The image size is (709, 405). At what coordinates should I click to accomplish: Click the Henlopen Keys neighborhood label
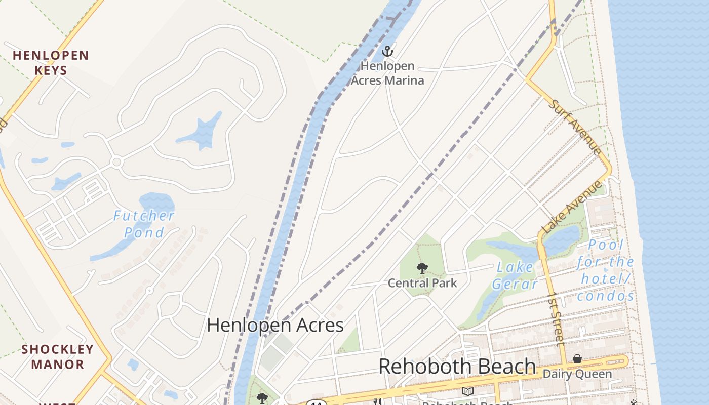(x=51, y=62)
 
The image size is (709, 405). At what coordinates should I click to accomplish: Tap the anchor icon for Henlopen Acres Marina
(x=387, y=51)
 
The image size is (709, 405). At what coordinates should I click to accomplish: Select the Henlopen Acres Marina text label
(x=387, y=73)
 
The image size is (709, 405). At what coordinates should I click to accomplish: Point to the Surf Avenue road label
(x=576, y=127)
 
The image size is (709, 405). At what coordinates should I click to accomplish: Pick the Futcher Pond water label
(x=143, y=224)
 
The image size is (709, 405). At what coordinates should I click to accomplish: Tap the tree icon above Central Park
(x=422, y=268)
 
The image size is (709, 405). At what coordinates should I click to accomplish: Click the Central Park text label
(x=422, y=283)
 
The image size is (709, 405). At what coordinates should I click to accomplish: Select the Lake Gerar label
(x=515, y=275)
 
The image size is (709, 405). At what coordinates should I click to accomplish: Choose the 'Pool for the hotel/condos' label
(x=606, y=270)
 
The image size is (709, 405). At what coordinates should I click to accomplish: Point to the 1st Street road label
(x=557, y=318)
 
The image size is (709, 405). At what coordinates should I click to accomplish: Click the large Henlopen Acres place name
(x=275, y=325)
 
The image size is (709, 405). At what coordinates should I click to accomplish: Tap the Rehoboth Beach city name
(x=457, y=366)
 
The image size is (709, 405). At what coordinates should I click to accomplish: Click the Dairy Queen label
(x=577, y=374)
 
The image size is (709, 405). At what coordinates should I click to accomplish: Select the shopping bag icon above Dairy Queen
(x=577, y=359)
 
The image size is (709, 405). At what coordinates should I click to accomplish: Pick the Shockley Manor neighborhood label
(x=58, y=356)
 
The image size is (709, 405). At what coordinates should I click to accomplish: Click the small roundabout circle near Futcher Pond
(x=117, y=162)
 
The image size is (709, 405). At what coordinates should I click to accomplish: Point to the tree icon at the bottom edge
(x=262, y=398)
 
